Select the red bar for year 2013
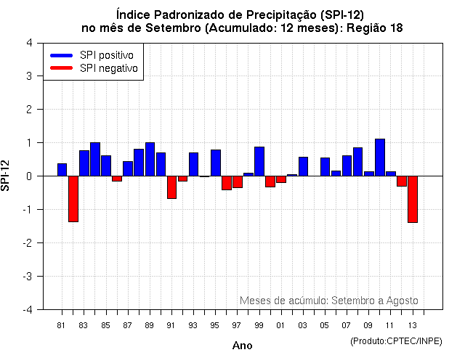(x=413, y=199)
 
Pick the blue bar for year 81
(x=62, y=170)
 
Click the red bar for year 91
(x=172, y=187)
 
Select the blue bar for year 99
(x=259, y=161)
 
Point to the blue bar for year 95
(x=216, y=163)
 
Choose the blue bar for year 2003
(x=303, y=166)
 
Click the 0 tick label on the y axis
(x=28, y=176)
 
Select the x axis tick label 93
(x=193, y=325)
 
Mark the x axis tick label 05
(x=324, y=325)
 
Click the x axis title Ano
(x=243, y=346)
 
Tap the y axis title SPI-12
(x=7, y=176)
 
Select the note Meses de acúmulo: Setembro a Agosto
(x=328, y=301)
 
